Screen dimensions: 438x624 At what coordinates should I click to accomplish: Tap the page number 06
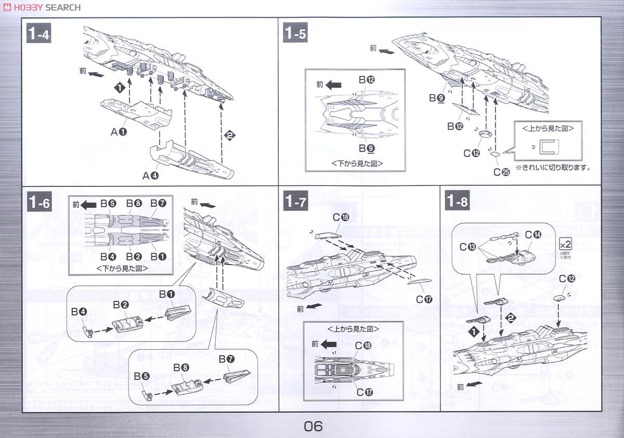pos(313,426)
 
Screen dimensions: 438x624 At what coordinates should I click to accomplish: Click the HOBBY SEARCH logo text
pos(42,7)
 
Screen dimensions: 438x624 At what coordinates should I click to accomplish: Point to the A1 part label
pos(119,132)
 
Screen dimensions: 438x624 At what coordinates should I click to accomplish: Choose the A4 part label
pos(150,176)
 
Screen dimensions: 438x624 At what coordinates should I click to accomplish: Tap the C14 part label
pos(532,234)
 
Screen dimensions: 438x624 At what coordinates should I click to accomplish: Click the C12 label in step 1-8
pos(567,279)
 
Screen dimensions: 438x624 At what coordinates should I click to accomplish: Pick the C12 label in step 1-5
pos(472,153)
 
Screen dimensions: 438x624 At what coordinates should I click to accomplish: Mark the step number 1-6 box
pos(40,202)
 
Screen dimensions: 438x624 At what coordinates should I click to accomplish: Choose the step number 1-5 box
pos(295,34)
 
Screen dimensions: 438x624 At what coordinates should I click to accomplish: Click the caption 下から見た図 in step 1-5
pos(357,163)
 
